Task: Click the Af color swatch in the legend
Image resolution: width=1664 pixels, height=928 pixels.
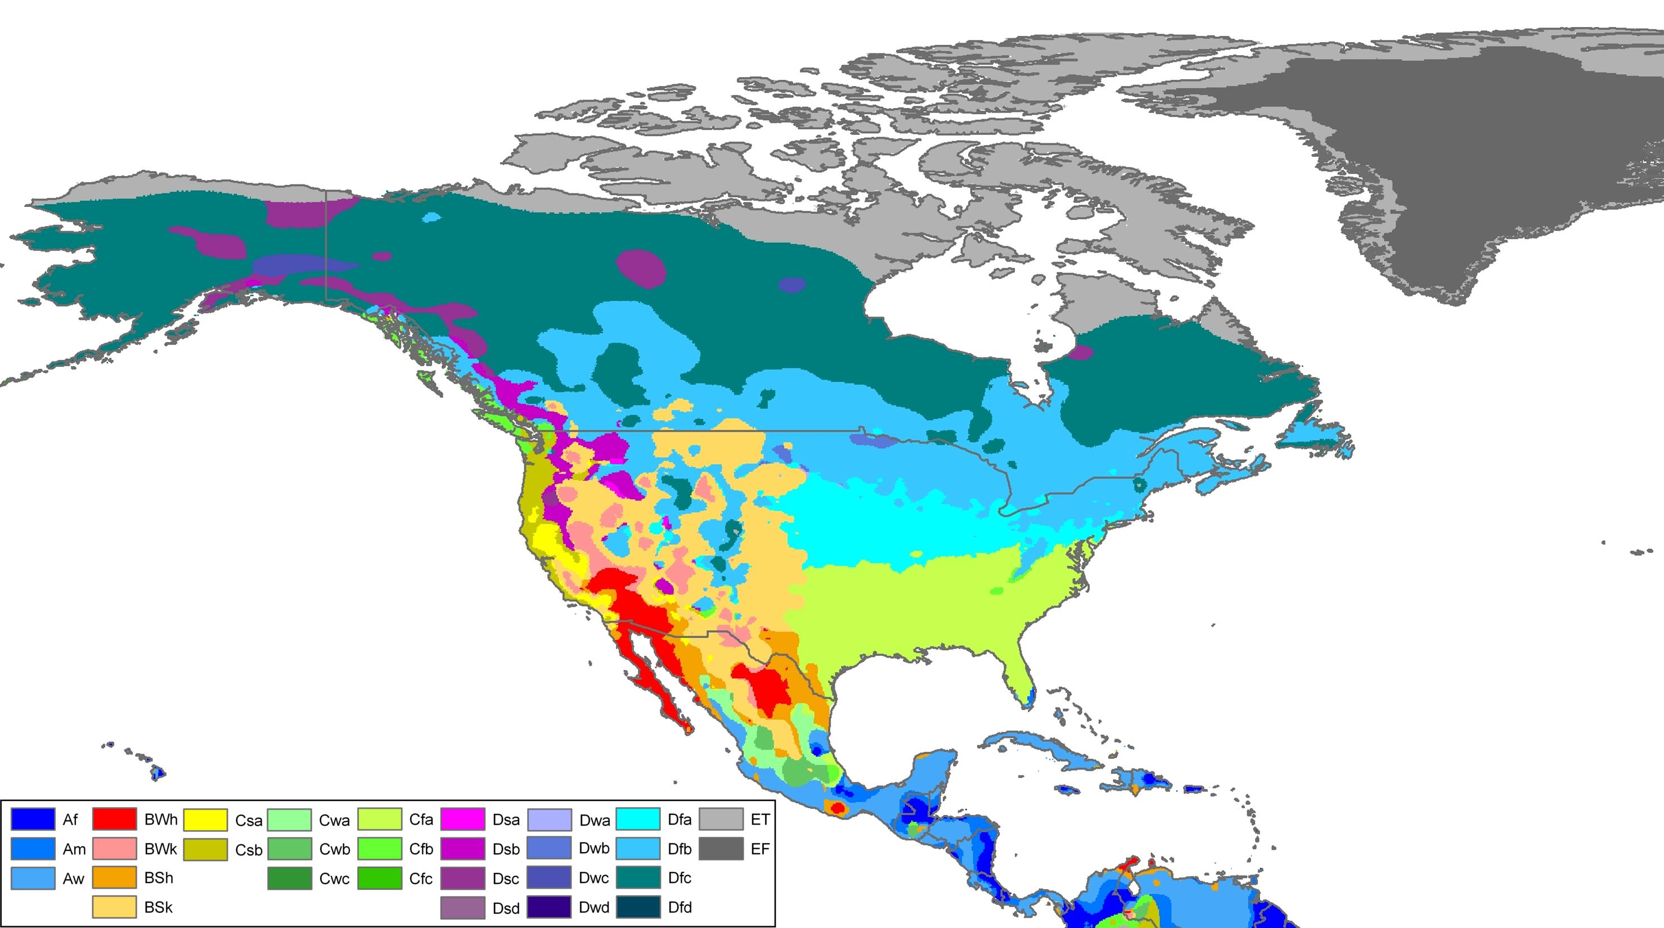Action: tap(32, 819)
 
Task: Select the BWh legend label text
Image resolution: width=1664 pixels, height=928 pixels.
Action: tap(161, 819)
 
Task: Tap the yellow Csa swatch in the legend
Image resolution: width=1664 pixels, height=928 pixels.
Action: tap(205, 819)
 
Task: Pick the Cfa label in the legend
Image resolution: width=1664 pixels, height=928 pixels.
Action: tap(421, 819)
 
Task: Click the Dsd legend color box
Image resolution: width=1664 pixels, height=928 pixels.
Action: tap(462, 907)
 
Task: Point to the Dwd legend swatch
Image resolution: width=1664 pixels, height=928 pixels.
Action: tap(549, 907)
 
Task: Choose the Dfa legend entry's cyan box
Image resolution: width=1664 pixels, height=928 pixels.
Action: tap(637, 819)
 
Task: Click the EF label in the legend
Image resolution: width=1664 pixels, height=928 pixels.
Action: tap(759, 849)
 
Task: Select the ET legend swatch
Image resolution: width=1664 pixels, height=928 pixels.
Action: tap(721, 819)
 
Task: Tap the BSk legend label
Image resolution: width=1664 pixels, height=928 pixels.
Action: tap(158, 907)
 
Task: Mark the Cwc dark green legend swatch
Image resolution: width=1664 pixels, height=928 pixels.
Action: tap(289, 879)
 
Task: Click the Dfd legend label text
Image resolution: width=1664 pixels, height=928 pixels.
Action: tap(680, 907)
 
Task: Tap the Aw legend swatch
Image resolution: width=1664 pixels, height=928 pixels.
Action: tap(32, 879)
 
